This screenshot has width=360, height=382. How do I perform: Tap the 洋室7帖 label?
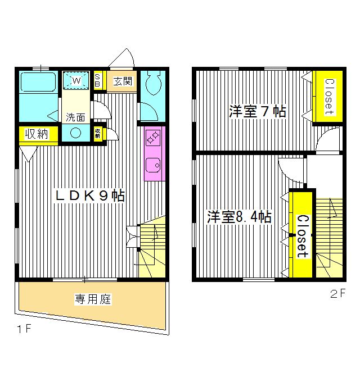click(257, 111)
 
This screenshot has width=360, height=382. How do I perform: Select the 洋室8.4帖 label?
click(239, 217)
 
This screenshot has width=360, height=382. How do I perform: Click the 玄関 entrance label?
click(123, 81)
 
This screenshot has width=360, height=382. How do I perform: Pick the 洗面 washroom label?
click(75, 117)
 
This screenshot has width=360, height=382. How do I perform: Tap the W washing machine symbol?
click(76, 81)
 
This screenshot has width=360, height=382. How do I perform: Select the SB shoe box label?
click(97, 81)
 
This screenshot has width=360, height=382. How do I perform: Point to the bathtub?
click(37, 85)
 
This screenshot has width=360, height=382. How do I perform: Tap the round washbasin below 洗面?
click(75, 133)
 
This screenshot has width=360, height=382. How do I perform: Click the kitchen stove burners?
click(152, 136)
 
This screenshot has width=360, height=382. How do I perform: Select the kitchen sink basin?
click(152, 165)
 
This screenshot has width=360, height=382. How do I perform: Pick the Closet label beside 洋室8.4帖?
click(301, 236)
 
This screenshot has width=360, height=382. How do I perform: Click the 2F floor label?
click(336, 293)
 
